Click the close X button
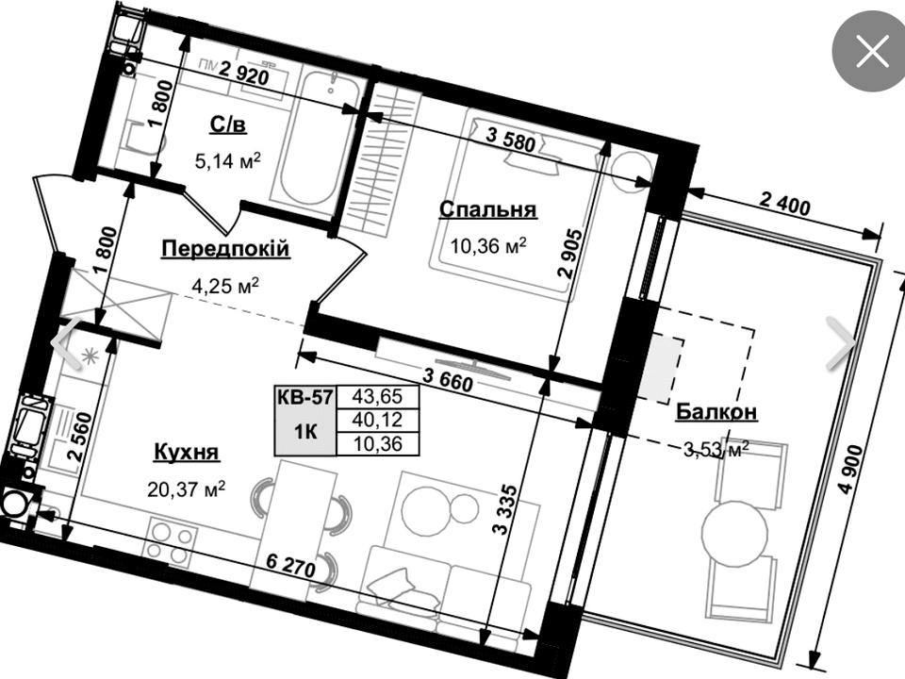coord(872,51)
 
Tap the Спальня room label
coord(487,209)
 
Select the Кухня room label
coord(187,451)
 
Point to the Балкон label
coord(716,412)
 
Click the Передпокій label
coord(225,249)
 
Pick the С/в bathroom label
coord(228,124)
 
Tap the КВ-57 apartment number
coord(304,397)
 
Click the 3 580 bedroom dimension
coord(510,140)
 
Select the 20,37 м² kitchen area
coord(187,489)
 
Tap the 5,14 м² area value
coord(228,160)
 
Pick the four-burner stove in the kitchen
coord(172,538)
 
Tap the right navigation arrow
coord(842,343)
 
